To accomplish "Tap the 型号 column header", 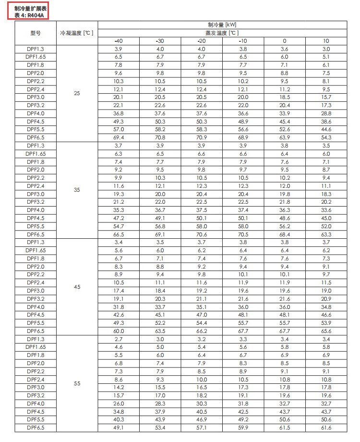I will pyautogui.click(x=36, y=33).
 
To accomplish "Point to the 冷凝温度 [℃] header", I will pyautogui.click(x=77, y=33).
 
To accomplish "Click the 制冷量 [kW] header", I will pyautogui.click(x=222, y=25).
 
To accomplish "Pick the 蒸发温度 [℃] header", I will pyautogui.click(x=222, y=33).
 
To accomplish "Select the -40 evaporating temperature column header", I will pyautogui.click(x=119, y=41).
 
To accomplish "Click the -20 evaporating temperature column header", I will pyautogui.click(x=202, y=41).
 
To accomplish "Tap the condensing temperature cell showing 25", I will pyautogui.click(x=77, y=93).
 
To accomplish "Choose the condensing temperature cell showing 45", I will pyautogui.click(x=77, y=287).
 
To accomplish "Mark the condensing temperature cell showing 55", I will pyautogui.click(x=77, y=384).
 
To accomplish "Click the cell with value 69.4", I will pyautogui.click(x=119, y=137).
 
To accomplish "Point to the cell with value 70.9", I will pyautogui.click(x=202, y=137).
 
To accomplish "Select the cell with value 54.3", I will pyautogui.click(x=326, y=137).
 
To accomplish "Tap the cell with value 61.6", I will pyautogui.click(x=326, y=428).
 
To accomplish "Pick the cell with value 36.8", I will pyautogui.click(x=119, y=113).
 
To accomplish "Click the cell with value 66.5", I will pyautogui.click(x=119, y=234).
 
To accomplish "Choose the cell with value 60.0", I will pyautogui.click(x=119, y=331).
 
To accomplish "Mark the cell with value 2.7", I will pyautogui.click(x=119, y=339).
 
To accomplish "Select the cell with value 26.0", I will pyautogui.click(x=119, y=404).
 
